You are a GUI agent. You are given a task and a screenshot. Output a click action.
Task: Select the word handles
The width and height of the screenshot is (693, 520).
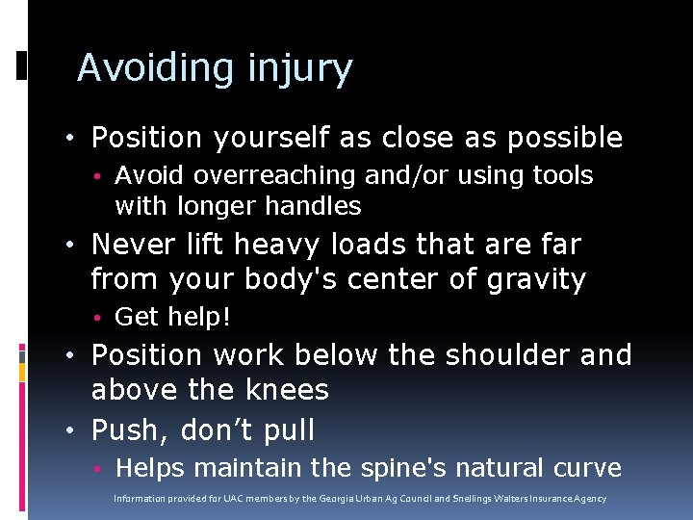click(318, 206)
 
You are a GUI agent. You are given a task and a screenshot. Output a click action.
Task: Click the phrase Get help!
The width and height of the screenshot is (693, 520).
click(172, 317)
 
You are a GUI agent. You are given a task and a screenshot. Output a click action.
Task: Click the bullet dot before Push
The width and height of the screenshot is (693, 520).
click(75, 430)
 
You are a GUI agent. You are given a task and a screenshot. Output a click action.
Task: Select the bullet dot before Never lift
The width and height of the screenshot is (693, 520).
click(75, 246)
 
